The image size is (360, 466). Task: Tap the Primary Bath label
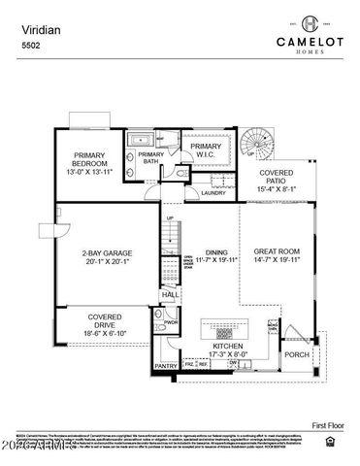pyautogui.click(x=151, y=159)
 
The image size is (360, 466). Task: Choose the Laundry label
pyautogui.click(x=213, y=193)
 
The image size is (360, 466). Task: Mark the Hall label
pyautogui.click(x=171, y=294)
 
